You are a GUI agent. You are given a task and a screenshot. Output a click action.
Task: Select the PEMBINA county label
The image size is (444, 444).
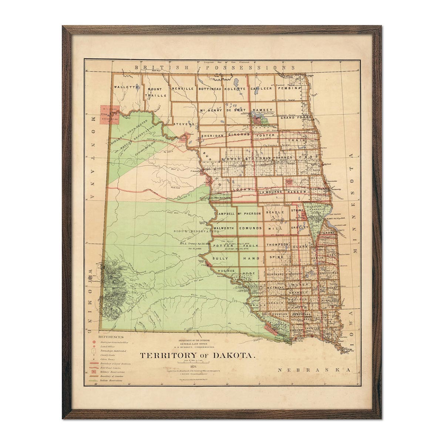(x=290, y=88)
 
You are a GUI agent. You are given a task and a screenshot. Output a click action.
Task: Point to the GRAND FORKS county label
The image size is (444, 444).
(x=296, y=118)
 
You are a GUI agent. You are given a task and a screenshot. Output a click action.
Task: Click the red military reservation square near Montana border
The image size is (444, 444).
(x=110, y=115)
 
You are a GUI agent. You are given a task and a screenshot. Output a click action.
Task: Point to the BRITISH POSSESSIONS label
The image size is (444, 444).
(x=215, y=68)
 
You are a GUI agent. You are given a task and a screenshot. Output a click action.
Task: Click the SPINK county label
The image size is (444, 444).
(x=275, y=257)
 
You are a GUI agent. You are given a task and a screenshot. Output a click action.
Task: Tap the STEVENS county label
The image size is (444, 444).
(x=184, y=124)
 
